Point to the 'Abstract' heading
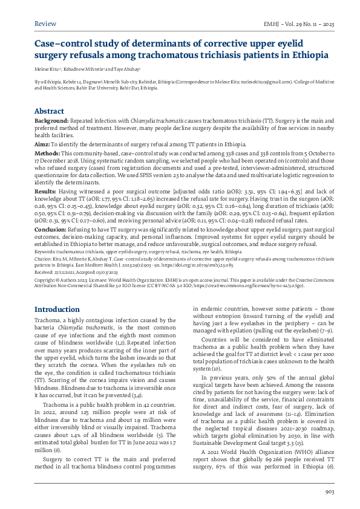(x=49, y=111)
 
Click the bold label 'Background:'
(x=52, y=122)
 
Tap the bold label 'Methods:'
(x=48, y=154)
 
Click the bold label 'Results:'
(x=47, y=190)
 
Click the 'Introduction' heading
(x=57, y=310)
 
